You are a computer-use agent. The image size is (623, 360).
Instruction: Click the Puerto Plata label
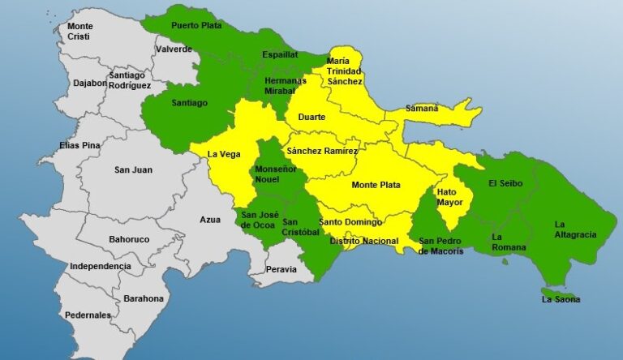click(x=195, y=26)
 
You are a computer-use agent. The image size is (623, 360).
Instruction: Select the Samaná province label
click(x=422, y=109)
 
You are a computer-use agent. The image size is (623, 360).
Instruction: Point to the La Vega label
click(x=223, y=154)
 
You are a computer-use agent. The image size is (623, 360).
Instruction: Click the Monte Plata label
click(x=376, y=185)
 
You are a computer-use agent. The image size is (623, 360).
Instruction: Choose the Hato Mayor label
click(x=450, y=198)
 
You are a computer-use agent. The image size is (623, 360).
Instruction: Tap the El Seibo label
click(x=505, y=183)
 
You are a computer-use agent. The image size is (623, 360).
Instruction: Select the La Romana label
click(x=509, y=242)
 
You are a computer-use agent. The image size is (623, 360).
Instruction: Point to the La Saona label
click(x=561, y=299)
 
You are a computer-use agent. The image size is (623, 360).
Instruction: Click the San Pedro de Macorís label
click(x=441, y=246)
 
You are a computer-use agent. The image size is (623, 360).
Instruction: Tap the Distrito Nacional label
click(x=363, y=241)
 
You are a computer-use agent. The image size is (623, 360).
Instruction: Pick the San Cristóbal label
click(x=301, y=226)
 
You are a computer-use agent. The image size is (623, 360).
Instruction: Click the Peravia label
click(x=281, y=269)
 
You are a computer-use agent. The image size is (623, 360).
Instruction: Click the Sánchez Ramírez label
click(x=321, y=151)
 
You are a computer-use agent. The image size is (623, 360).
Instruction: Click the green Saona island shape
click(x=558, y=293)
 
